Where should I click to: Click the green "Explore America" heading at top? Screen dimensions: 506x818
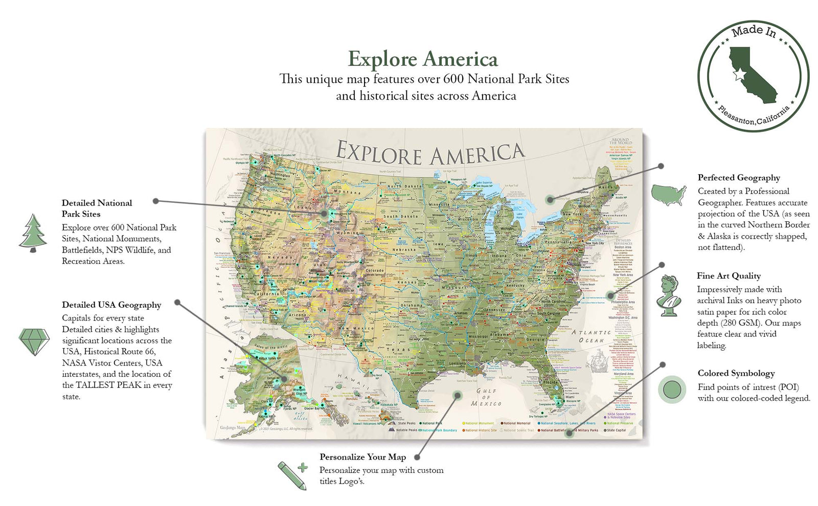coord(422,59)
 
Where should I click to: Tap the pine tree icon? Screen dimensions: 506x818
coord(33,233)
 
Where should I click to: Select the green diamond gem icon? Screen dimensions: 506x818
coord(34,341)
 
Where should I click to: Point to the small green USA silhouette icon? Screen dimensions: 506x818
coord(669,195)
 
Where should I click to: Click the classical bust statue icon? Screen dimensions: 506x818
coord(669,295)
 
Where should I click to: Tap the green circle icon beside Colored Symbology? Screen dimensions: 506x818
coord(672,389)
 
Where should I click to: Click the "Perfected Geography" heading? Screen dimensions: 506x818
coord(739,177)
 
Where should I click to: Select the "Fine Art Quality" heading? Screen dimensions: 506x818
coord(729,275)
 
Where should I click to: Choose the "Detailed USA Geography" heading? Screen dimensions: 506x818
coord(111,305)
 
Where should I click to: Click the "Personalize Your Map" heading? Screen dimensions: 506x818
coord(362,457)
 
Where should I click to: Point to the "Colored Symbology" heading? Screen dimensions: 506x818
coord(736,373)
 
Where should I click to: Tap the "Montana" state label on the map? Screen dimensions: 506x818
coord(347,192)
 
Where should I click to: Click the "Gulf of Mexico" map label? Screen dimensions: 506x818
coord(486,397)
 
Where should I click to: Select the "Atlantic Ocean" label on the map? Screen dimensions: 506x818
coord(591,336)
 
